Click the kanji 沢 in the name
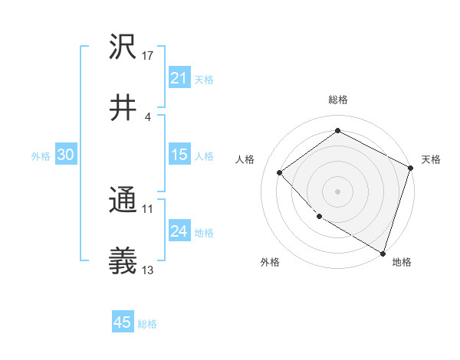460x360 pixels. (123, 47)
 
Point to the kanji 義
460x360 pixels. (123, 263)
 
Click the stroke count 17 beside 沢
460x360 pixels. (148, 55)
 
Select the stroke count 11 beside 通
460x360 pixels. (148, 208)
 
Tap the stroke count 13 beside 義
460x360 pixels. (148, 270)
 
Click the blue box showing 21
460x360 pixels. (179, 78)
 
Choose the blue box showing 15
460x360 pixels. (179, 155)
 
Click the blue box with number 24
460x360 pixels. (179, 231)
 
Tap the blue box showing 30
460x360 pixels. (66, 155)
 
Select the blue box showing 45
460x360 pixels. (123, 322)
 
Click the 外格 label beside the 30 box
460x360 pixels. (41, 156)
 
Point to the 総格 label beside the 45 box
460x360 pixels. (147, 324)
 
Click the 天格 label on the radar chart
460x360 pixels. (431, 159)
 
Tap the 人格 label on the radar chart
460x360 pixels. (245, 159)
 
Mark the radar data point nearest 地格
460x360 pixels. (383, 253)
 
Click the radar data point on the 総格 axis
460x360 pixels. (337, 131)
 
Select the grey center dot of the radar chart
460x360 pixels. (337, 191)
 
